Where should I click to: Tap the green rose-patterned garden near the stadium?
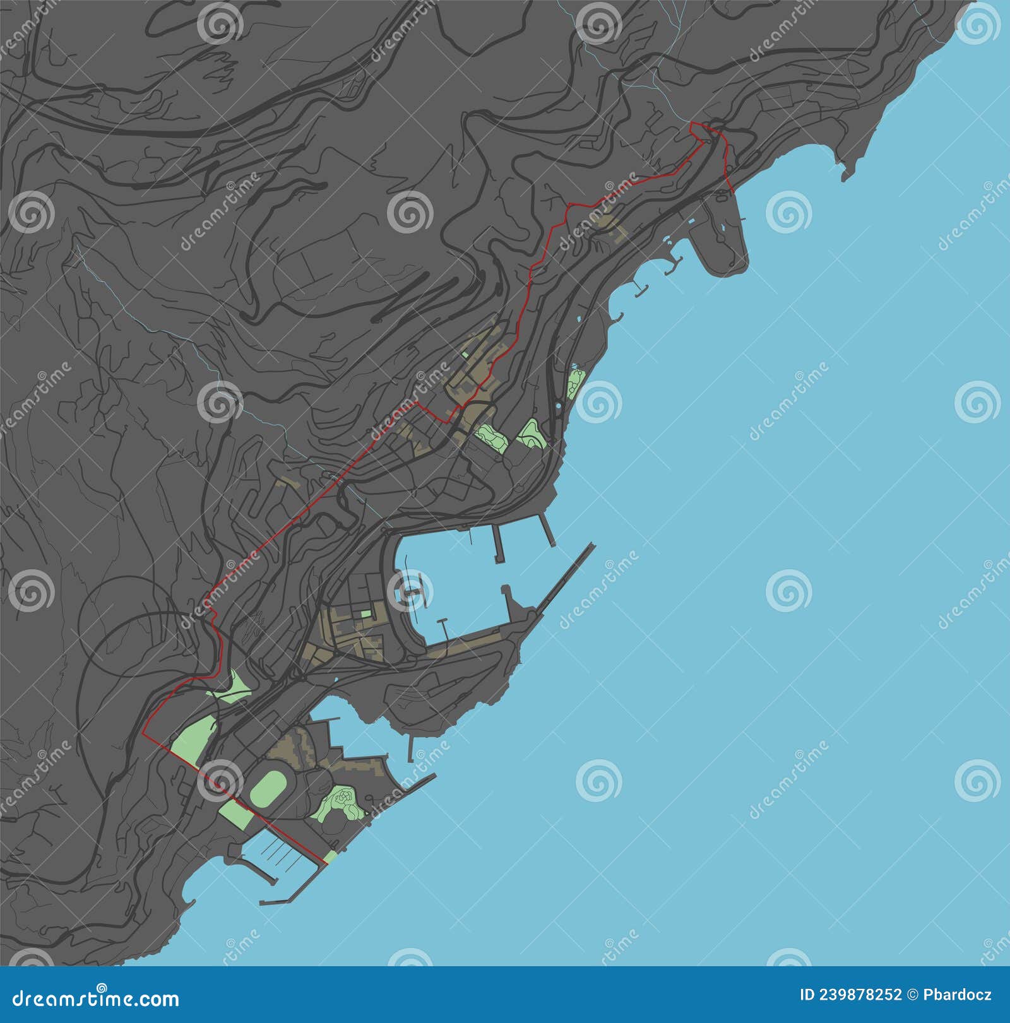point(342,803)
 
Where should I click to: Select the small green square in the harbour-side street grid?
point(366,613)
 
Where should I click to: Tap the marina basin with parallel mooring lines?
point(278,852)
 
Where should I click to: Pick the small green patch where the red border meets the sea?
point(330,857)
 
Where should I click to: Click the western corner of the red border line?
point(144,735)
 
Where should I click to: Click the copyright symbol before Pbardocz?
point(913,996)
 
